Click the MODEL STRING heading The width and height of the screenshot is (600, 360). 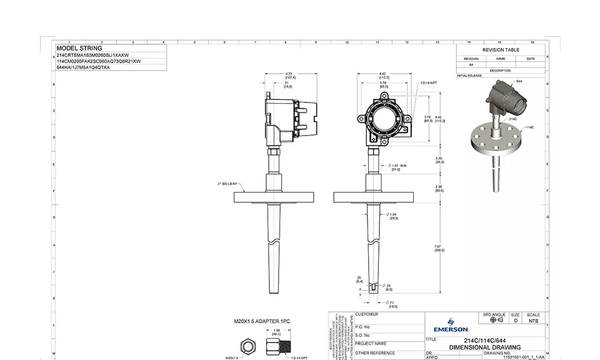pyautogui.click(x=79, y=48)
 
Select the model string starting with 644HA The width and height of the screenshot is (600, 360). pyautogui.click(x=83, y=67)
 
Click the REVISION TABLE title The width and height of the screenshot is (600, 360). pyautogui.click(x=500, y=50)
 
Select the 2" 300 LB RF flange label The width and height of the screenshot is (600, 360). pyautogui.click(x=227, y=184)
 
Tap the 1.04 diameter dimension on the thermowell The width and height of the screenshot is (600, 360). pyautogui.click(x=393, y=216)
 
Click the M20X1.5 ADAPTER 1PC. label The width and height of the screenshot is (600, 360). pyautogui.click(x=262, y=321)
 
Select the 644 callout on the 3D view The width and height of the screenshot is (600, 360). pyautogui.click(x=519, y=81)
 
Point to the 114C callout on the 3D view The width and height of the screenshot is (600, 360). pyautogui.click(x=529, y=127)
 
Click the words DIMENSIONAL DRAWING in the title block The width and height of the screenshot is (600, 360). pyautogui.click(x=484, y=347)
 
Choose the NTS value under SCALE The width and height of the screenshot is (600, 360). pyautogui.click(x=532, y=321)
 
